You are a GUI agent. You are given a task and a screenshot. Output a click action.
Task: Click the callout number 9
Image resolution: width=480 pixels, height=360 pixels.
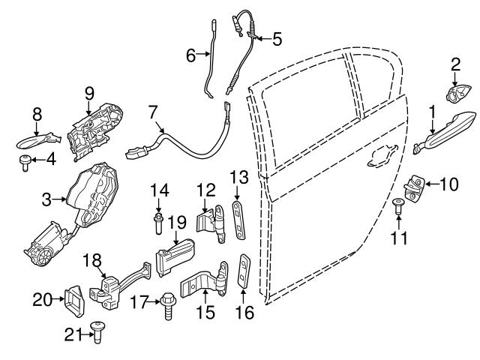(x=88, y=93)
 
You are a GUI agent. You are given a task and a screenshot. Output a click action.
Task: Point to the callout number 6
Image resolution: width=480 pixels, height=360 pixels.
(x=190, y=54)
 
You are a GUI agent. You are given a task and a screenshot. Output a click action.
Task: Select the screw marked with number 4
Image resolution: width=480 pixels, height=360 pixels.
(x=26, y=160)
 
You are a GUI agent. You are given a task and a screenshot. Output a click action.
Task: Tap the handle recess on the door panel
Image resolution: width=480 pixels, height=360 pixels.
(x=381, y=154)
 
